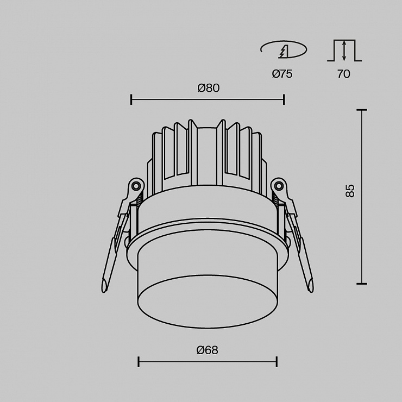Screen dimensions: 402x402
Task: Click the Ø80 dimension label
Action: (x=209, y=88)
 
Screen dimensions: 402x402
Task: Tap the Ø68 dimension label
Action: (x=207, y=350)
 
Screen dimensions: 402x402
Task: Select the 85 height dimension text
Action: (x=350, y=191)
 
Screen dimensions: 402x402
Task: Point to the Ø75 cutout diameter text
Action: (x=282, y=74)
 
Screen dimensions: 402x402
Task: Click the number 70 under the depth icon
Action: (x=343, y=74)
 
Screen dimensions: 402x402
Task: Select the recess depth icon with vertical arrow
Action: (x=344, y=51)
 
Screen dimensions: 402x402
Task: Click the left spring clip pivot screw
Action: (x=136, y=185)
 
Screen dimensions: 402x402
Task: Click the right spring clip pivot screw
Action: (x=279, y=185)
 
